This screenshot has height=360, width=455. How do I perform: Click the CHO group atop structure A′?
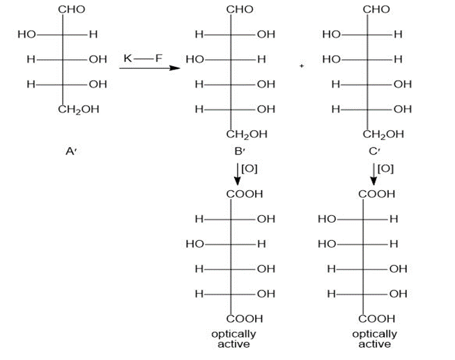click(72, 9)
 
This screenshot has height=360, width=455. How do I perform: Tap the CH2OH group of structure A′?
click(79, 109)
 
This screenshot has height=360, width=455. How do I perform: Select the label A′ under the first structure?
click(71, 151)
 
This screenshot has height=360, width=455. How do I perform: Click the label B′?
click(240, 151)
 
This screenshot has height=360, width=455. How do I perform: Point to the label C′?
click(374, 151)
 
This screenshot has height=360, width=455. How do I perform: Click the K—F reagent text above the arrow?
click(143, 58)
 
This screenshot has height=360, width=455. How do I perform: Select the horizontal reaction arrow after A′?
click(150, 68)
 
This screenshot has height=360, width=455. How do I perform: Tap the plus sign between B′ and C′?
click(302, 66)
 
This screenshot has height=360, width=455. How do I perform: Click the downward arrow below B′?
click(238, 174)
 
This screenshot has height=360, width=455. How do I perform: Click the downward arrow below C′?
click(373, 174)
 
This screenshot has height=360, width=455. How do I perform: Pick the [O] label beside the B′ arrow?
click(249, 169)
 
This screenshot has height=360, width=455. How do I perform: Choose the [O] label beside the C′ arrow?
click(386, 169)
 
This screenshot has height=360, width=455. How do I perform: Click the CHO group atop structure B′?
click(240, 9)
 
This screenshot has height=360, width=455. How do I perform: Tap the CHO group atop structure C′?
click(376, 9)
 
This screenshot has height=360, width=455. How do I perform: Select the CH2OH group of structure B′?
click(247, 134)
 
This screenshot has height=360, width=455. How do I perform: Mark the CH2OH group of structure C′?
click(383, 134)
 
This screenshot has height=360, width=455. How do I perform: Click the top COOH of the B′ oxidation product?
click(245, 194)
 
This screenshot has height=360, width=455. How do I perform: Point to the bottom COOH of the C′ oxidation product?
click(377, 319)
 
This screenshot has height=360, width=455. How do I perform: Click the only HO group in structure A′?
click(26, 35)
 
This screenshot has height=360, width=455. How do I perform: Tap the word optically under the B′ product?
click(233, 334)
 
